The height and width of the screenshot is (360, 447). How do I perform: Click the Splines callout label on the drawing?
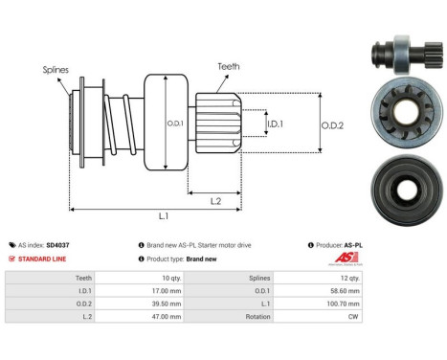54,70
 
